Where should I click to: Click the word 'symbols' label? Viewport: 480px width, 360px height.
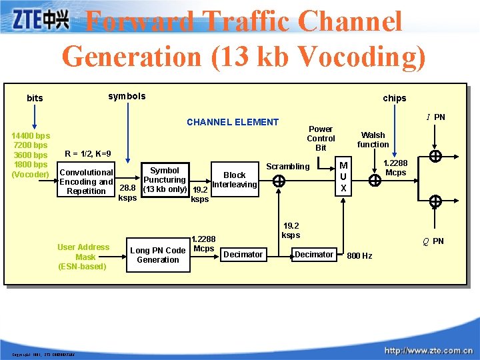tap(127, 96)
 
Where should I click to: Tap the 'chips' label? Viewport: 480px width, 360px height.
tap(394, 98)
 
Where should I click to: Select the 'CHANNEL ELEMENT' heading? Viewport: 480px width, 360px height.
tap(233, 122)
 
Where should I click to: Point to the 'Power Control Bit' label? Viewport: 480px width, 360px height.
tap(321, 138)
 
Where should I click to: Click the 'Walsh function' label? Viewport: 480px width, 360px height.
tap(373, 139)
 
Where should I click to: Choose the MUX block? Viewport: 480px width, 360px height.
tap(343, 177)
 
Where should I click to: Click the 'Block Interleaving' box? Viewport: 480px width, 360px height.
tap(234, 180)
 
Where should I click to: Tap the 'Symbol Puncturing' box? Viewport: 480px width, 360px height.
tap(165, 180)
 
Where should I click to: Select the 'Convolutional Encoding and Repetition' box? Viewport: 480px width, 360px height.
tap(86, 181)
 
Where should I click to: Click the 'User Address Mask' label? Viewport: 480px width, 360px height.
tap(83, 257)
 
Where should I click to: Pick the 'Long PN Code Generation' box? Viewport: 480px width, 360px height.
tap(157, 255)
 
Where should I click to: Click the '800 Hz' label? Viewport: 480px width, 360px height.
tap(359, 256)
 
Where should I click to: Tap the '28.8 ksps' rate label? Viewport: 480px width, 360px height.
tap(127, 193)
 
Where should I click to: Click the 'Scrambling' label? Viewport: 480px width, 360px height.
tap(288, 166)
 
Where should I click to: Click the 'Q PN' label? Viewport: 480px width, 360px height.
tap(433, 241)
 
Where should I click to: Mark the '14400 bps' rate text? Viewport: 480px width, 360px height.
tap(31, 136)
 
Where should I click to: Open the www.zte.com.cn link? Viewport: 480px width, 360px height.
tap(429, 350)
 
